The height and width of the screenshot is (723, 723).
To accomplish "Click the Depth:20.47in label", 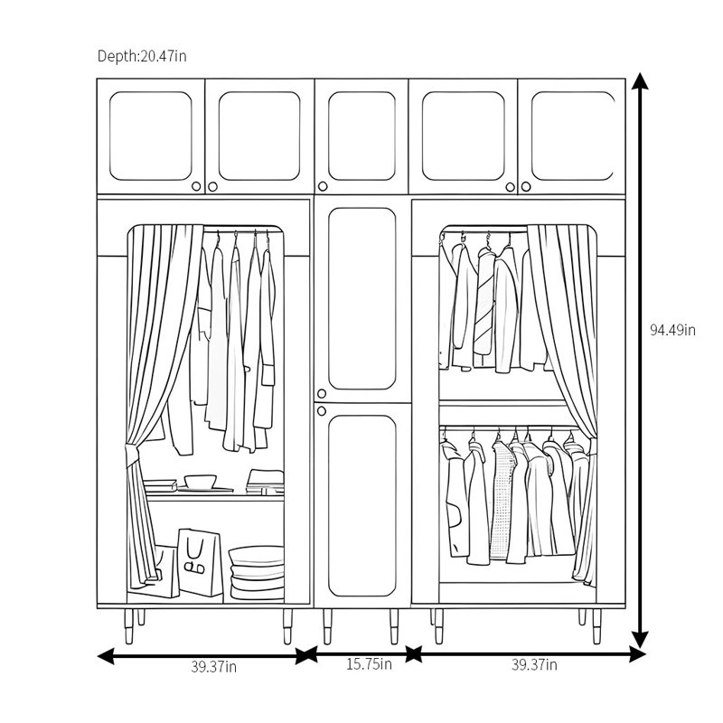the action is (142, 56).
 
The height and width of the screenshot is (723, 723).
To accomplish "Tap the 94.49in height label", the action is (672, 330).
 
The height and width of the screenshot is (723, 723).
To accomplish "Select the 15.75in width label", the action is (369, 664).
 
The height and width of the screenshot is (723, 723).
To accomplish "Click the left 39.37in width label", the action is (214, 667).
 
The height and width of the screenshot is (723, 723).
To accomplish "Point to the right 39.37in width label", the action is (534, 665).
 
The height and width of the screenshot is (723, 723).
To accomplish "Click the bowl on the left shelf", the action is (201, 482).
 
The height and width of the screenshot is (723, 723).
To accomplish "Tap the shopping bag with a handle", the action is (201, 562).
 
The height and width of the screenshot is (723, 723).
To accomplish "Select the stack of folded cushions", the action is (257, 574).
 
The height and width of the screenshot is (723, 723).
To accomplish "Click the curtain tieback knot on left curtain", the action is (131, 454).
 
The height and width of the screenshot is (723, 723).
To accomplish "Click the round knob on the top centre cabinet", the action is (323, 186).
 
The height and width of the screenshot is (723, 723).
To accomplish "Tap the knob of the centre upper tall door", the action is (322, 394).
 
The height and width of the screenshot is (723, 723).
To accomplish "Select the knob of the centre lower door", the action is (322, 411).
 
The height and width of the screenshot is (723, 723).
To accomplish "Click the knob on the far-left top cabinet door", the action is (196, 186).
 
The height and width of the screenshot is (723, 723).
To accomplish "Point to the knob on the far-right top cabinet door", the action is (526, 187).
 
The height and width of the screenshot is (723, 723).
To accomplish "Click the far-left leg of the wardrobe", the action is (128, 626).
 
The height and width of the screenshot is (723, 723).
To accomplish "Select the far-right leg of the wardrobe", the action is (596, 626).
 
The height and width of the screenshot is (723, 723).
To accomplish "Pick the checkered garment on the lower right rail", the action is (502, 501).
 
